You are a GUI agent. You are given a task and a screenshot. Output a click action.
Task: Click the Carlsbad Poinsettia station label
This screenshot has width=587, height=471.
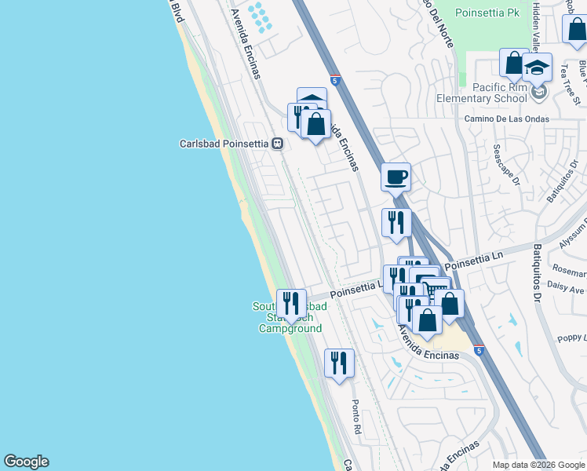click(x=224, y=144)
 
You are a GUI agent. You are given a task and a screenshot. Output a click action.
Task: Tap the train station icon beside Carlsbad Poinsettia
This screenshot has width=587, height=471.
click(x=277, y=144)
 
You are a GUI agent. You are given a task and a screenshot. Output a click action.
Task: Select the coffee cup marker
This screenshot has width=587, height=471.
click(x=396, y=177)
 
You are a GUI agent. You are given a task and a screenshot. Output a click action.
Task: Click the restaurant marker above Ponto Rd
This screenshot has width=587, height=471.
click(x=339, y=363)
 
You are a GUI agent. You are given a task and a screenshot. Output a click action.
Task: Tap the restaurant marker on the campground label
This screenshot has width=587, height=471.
click(x=291, y=303)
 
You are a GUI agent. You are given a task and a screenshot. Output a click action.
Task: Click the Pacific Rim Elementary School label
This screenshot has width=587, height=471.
click(x=500, y=93)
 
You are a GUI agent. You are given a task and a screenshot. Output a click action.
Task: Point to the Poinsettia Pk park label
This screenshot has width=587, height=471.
click(x=492, y=14)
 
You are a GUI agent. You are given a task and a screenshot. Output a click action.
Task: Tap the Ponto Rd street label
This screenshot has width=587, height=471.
click(x=355, y=417)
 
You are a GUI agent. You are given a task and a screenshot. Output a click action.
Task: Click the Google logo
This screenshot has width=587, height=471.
click(x=26, y=462)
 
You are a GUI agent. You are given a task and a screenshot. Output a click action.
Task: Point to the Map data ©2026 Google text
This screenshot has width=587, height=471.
click(x=538, y=465)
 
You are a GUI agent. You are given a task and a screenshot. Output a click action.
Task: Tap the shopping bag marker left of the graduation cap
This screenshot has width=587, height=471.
click(x=513, y=64)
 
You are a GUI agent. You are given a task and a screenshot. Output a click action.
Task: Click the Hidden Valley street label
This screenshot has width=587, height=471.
click(x=537, y=20)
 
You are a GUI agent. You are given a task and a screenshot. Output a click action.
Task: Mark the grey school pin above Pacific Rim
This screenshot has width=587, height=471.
click(x=538, y=93)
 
